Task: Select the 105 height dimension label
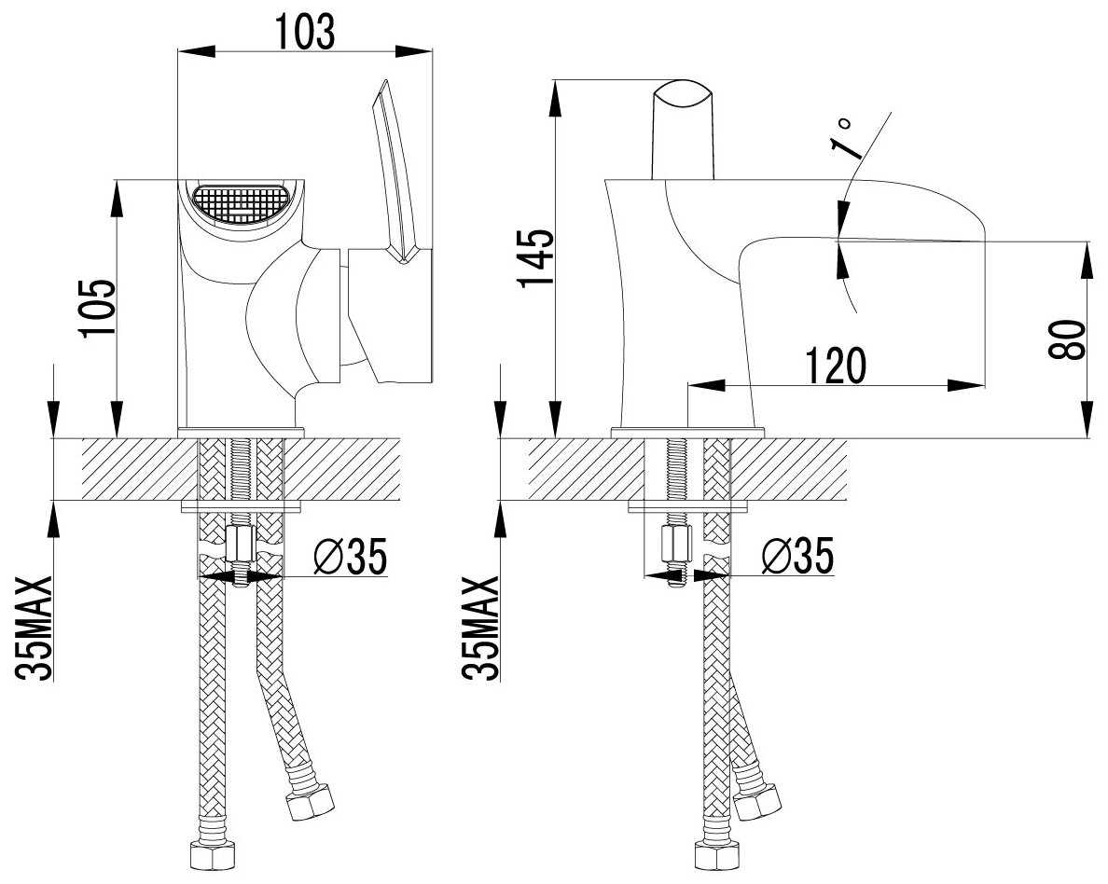pyautogui.click(x=98, y=309)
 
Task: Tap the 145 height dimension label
pyautogui.click(x=536, y=258)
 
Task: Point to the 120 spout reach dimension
pyautogui.click(x=836, y=366)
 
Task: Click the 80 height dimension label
pyautogui.click(x=1067, y=339)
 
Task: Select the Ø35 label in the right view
pyautogui.click(x=797, y=555)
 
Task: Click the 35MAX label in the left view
pyautogui.click(x=35, y=628)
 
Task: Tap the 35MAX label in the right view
pyautogui.click(x=480, y=628)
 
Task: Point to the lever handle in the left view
pyautogui.click(x=395, y=171)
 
